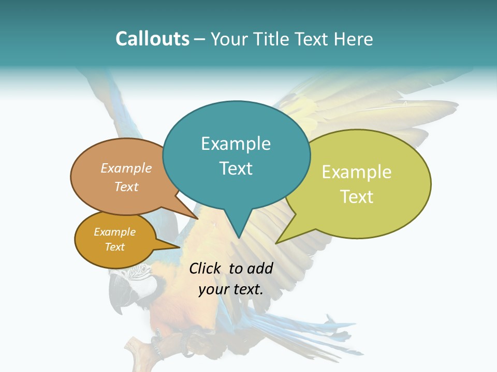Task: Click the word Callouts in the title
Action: (x=152, y=39)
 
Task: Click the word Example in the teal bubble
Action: (x=236, y=143)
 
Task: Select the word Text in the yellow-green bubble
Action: (x=357, y=197)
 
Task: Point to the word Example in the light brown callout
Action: (x=126, y=168)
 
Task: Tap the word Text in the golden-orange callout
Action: (x=114, y=247)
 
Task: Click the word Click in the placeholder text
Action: (x=204, y=268)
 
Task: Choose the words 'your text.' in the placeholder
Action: (x=230, y=289)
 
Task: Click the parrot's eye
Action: (x=141, y=270)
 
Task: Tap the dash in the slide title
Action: (x=200, y=39)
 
